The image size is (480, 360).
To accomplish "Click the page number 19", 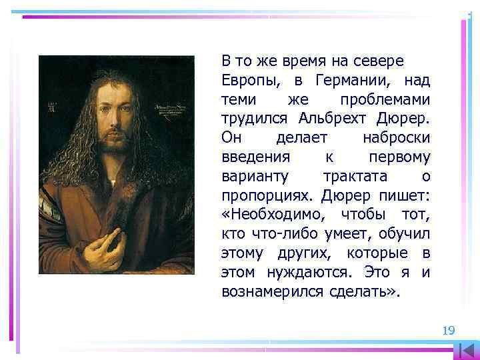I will pyautogui.click(x=448, y=330).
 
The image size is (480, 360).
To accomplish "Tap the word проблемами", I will pyautogui.click(x=385, y=100).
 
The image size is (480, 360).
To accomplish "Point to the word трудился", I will pyautogui.click(x=254, y=119).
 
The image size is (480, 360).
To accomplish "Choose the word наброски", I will pyautogui.click(x=396, y=139).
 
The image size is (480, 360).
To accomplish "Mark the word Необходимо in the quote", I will pyautogui.click(x=275, y=215).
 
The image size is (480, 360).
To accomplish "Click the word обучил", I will pyautogui.click(x=406, y=235).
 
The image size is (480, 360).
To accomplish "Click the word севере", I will pyautogui.click(x=379, y=62).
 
